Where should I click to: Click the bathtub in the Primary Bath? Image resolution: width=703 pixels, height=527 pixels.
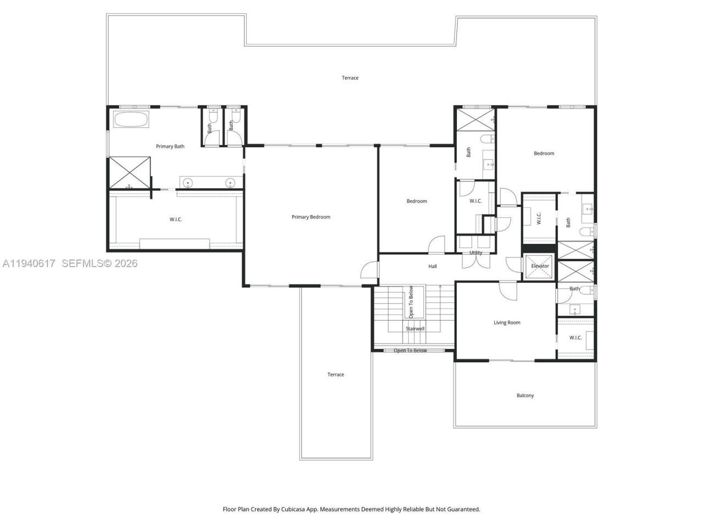[x=131, y=120]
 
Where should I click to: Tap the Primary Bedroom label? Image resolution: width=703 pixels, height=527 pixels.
[x=311, y=217]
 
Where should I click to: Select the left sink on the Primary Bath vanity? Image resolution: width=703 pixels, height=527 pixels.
[x=188, y=183]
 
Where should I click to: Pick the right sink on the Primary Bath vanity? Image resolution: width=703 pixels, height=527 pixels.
[x=230, y=183]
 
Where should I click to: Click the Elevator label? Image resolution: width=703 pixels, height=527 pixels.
[x=540, y=266]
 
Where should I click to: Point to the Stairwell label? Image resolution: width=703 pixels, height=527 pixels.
[x=415, y=329]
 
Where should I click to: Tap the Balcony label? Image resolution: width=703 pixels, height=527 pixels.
[x=525, y=395]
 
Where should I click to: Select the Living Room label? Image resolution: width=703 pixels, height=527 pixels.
[x=506, y=323]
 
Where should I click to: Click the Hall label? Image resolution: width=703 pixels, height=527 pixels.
[x=433, y=266]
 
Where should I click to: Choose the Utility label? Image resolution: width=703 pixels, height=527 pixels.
[x=476, y=253]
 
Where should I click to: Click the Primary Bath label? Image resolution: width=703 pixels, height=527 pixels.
[x=170, y=147]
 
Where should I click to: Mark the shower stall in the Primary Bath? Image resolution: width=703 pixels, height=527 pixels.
[x=130, y=172]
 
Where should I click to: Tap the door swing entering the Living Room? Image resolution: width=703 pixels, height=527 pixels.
[x=507, y=291]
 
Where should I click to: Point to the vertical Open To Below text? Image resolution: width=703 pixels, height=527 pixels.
[x=411, y=301]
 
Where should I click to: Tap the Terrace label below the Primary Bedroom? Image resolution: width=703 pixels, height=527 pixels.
[x=336, y=374]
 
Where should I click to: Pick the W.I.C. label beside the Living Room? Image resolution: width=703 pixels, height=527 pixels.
[x=575, y=338]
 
